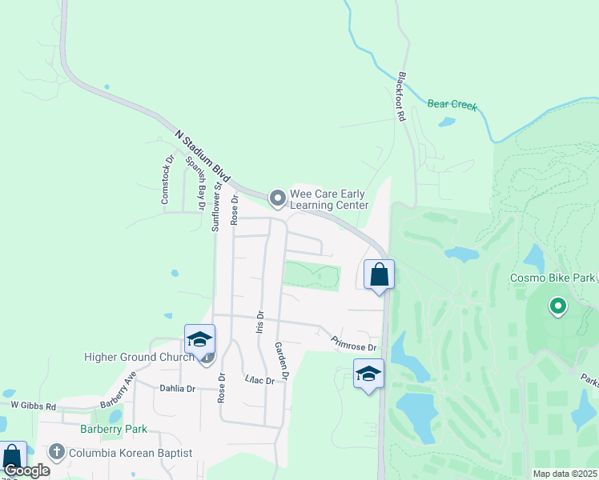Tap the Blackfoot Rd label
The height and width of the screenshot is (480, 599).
click(x=402, y=97)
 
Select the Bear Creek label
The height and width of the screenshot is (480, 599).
click(x=452, y=104)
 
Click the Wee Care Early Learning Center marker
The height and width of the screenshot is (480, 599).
click(x=278, y=197)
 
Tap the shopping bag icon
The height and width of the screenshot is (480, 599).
click(x=380, y=274)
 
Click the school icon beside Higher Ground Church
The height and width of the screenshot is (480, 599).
click(x=199, y=339)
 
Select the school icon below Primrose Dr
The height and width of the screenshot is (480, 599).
click(x=368, y=374)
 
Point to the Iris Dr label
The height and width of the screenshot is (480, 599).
click(x=260, y=324)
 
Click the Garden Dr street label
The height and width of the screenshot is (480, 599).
click(x=280, y=361)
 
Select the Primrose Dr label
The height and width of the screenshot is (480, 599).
click(x=354, y=343)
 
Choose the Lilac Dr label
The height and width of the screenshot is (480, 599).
click(x=259, y=379)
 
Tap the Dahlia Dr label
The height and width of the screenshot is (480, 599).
click(x=179, y=389)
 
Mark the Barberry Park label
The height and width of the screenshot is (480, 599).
click(x=114, y=429)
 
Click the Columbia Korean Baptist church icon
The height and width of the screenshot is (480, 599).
click(x=57, y=452)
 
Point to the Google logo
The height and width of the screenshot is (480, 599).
click(x=26, y=471)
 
